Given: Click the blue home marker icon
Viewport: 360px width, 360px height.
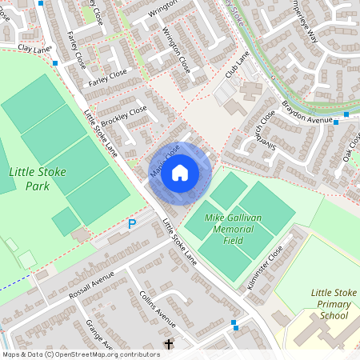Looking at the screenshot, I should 180,173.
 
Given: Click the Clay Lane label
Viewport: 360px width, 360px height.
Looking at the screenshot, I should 34,50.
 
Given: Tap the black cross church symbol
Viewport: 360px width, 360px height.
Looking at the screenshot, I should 168,344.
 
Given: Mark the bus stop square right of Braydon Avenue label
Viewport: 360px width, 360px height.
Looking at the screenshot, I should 346,114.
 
